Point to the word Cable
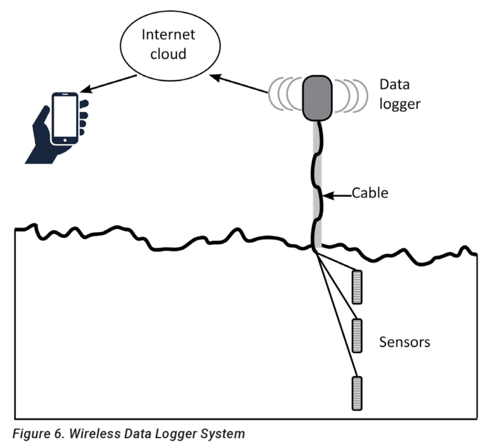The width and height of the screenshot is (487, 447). tap(369, 193)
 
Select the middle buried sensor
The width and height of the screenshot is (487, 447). tap(358, 336)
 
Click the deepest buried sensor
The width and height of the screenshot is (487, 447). tap(358, 392)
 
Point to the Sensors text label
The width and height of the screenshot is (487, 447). tap(405, 342)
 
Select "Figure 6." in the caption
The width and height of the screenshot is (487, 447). tap(34, 434)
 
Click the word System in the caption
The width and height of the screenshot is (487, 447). tap(222, 434)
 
